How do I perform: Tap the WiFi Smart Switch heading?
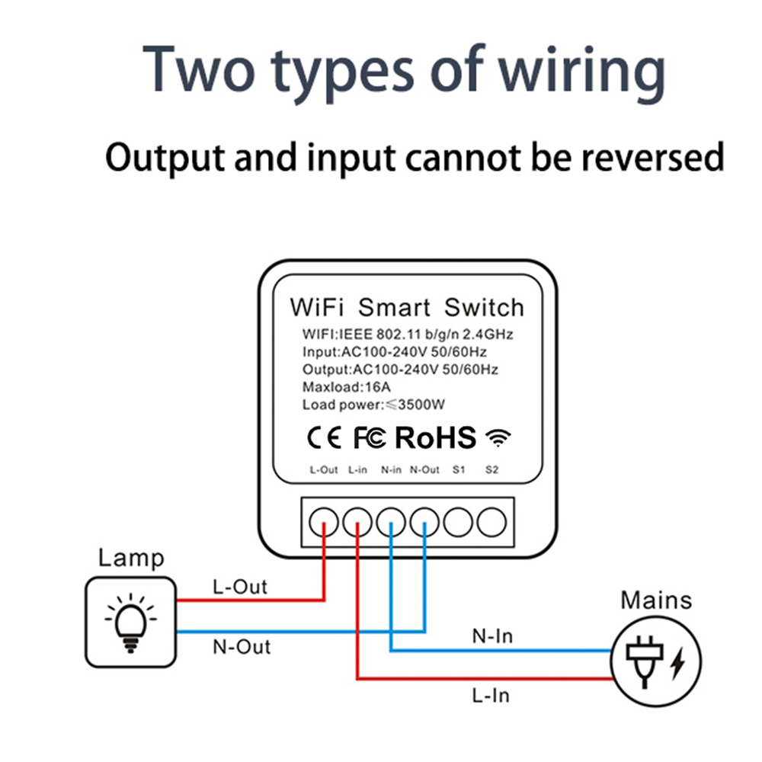[x=407, y=308]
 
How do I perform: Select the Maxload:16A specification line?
[x=341, y=387]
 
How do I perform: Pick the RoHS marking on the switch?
[x=435, y=437]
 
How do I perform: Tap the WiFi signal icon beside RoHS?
[x=499, y=437]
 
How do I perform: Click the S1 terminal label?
[x=458, y=470]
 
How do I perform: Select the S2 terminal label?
[x=491, y=470]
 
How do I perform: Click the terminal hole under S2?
[x=491, y=522]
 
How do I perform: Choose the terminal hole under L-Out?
[x=324, y=522]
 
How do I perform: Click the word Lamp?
[x=130, y=558]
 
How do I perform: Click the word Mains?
[x=656, y=600]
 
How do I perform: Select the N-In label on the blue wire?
[x=491, y=636]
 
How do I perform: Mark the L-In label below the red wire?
[x=490, y=694]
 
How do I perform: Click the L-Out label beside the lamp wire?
[x=240, y=587]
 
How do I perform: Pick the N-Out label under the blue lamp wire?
[x=242, y=647]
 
